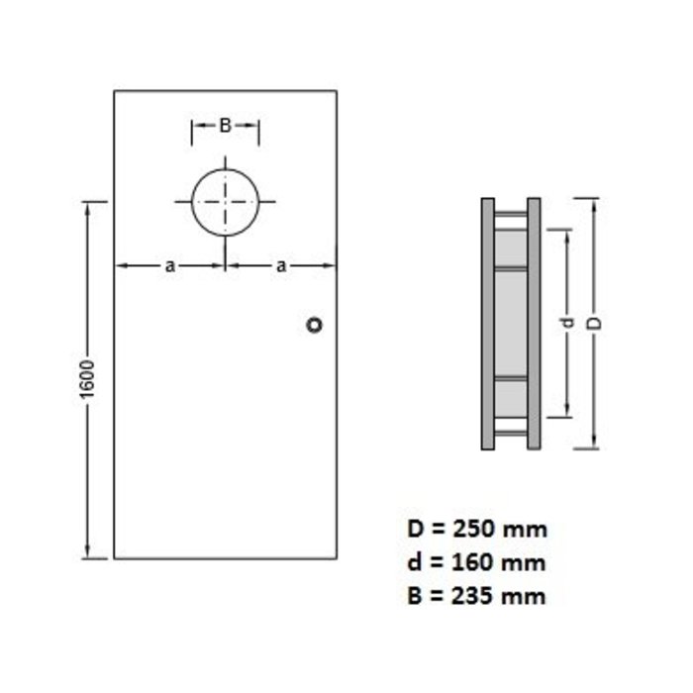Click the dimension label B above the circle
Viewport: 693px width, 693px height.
tap(225, 126)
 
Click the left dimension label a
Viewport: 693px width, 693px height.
tap(169, 265)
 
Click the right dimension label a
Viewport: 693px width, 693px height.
tap(281, 265)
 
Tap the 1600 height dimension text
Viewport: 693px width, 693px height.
tap(87, 380)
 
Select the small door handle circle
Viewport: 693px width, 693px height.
tap(315, 325)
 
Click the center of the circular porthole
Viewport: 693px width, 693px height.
tap(225, 201)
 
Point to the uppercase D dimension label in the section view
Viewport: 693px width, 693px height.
tap(594, 324)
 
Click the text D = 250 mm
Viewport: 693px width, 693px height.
tap(476, 528)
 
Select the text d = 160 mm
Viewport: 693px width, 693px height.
tap(476, 562)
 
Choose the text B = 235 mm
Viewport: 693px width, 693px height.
tap(476, 596)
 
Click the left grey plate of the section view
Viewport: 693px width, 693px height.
tap(487, 324)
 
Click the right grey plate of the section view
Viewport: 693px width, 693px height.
tap(534, 324)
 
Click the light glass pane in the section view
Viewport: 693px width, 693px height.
tap(510, 324)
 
